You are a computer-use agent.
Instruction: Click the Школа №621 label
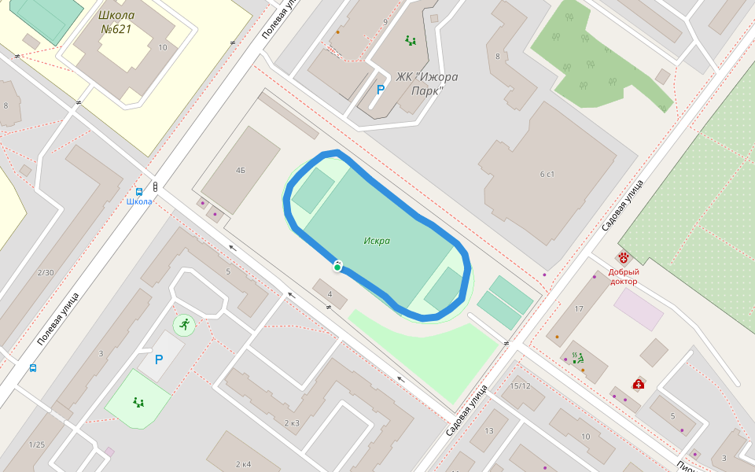coord(116,22)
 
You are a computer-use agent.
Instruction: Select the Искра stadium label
coord(377,241)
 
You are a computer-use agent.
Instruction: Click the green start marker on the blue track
coord(337,267)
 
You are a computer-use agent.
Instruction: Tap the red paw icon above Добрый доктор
coord(624,258)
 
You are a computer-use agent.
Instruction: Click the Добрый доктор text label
coord(624,276)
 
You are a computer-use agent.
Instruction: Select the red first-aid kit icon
coord(639,384)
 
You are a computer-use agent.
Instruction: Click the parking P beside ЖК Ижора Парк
coord(381,90)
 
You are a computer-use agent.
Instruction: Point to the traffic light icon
coord(155,186)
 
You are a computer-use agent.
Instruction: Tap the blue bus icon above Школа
coord(139,191)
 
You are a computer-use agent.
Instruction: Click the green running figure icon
coord(183,324)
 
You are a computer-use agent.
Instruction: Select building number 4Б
coord(241,170)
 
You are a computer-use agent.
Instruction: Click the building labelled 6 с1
coord(547,174)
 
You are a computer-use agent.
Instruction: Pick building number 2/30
coord(46,273)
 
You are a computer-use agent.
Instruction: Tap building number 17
coord(579,309)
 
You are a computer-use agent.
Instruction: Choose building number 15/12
coord(520,386)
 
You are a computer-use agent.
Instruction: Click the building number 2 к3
coord(291,423)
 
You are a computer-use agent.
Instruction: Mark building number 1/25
coord(36,445)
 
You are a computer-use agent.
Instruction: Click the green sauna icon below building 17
coord(578,358)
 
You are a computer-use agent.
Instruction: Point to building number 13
coord(488,430)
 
